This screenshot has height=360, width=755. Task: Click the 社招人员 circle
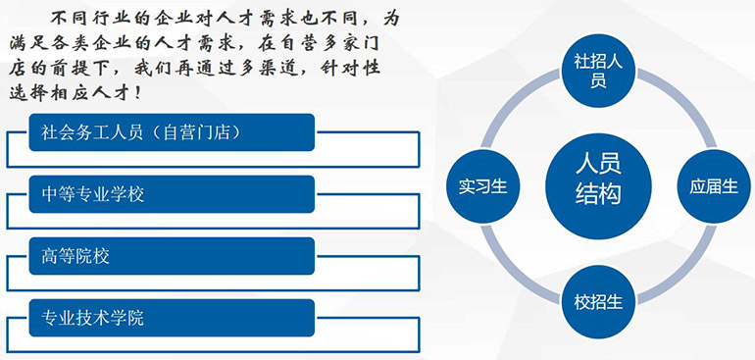click(598, 71)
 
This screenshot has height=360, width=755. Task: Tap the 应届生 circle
click(714, 186)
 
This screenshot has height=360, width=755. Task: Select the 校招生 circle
click(598, 302)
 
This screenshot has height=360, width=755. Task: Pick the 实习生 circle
click(483, 186)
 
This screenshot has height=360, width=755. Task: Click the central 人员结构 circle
click(598, 186)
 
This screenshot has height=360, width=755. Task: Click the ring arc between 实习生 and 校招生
click(517, 268)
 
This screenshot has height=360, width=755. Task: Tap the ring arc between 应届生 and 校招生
click(679, 268)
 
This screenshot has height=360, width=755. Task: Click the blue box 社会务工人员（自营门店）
click(172, 132)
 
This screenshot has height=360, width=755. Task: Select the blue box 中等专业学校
click(172, 194)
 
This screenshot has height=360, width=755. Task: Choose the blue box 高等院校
click(172, 256)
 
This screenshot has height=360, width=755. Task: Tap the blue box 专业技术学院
click(172, 318)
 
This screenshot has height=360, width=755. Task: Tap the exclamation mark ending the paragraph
click(138, 92)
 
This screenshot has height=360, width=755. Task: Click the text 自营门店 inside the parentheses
click(192, 132)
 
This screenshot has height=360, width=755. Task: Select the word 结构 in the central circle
click(598, 195)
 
